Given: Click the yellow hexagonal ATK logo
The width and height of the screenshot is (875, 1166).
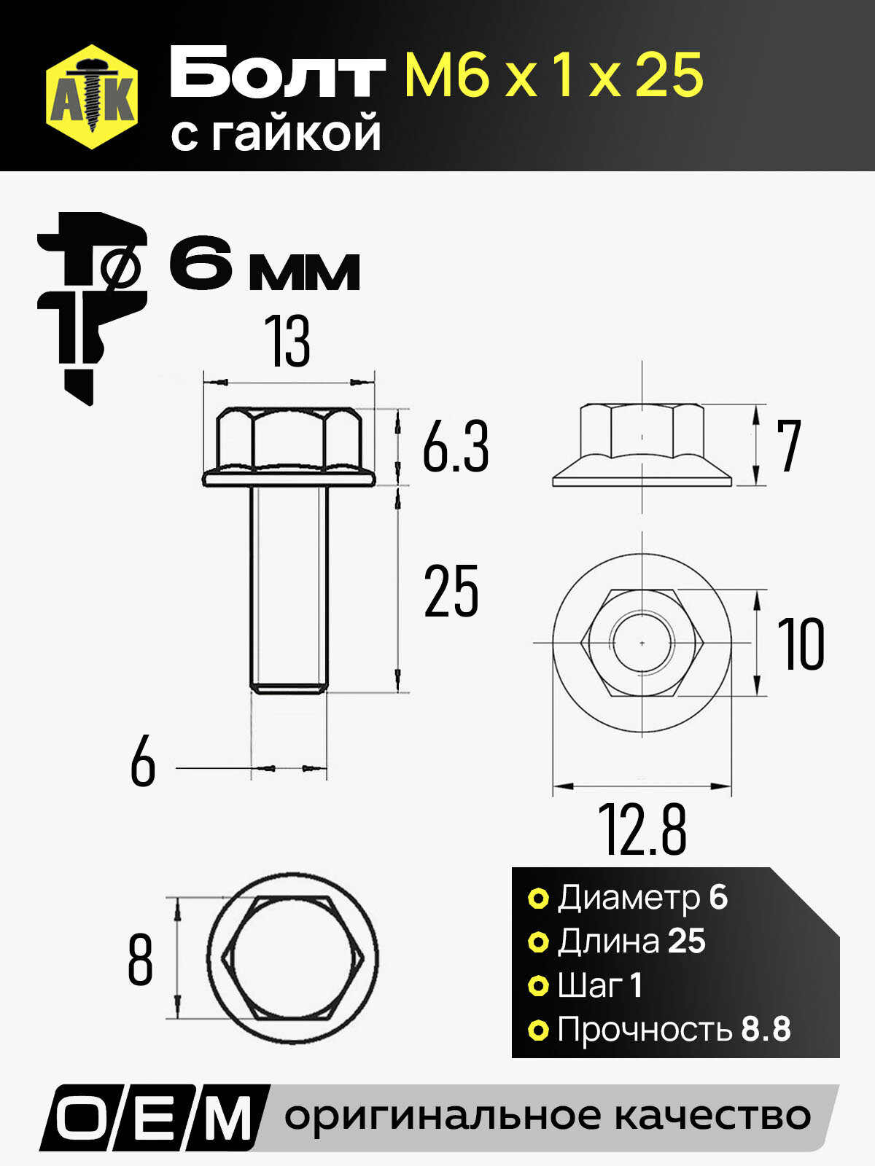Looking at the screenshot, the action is (92, 97).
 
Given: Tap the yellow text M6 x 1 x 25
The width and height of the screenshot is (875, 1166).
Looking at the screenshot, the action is (554, 75).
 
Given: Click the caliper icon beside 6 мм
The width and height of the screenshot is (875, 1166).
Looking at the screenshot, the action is (91, 308).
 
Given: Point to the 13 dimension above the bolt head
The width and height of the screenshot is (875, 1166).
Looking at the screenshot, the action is (287, 341).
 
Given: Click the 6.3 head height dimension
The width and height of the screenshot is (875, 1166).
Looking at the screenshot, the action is (455, 446).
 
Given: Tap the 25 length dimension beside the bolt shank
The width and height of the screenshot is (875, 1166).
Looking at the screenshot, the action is (451, 591).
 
